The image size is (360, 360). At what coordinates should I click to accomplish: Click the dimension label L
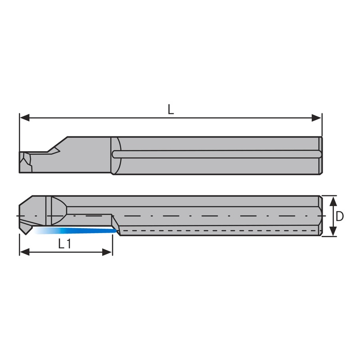pos(171,109)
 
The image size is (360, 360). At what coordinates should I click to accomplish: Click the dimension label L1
pos(64,244)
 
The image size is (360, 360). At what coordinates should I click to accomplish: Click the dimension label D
pos(340,216)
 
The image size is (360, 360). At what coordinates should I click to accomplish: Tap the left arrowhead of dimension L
pos(25,118)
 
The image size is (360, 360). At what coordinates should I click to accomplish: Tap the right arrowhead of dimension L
pos(316,118)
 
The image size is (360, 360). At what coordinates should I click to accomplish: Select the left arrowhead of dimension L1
pos(25,252)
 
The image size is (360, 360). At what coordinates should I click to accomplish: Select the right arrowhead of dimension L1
pos(107,252)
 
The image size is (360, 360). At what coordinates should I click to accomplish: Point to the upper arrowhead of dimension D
pos(333,201)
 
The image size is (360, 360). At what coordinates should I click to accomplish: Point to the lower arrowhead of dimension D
pos(333,231)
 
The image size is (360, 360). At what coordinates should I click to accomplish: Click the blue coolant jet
pos(75,230)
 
